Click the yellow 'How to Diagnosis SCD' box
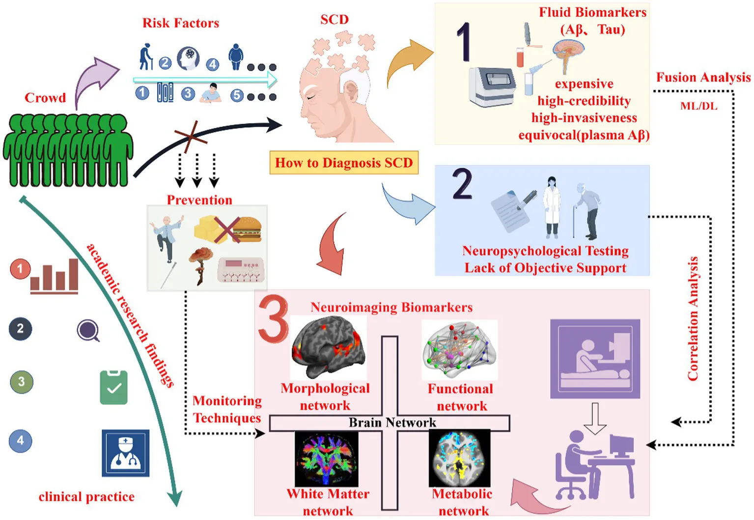point(344,163)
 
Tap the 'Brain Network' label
point(392,422)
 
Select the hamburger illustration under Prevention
point(247,230)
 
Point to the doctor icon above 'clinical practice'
point(126,453)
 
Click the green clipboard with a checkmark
point(114,387)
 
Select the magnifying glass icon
point(88,330)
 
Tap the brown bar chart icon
point(54,276)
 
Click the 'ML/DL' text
point(699,106)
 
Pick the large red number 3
point(273,318)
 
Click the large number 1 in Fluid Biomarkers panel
point(464,42)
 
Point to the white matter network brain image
point(327,459)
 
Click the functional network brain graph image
point(460,350)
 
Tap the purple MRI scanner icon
point(595,359)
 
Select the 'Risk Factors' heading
point(181,23)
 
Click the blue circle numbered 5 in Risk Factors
point(237,95)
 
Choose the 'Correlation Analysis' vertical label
point(693,318)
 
